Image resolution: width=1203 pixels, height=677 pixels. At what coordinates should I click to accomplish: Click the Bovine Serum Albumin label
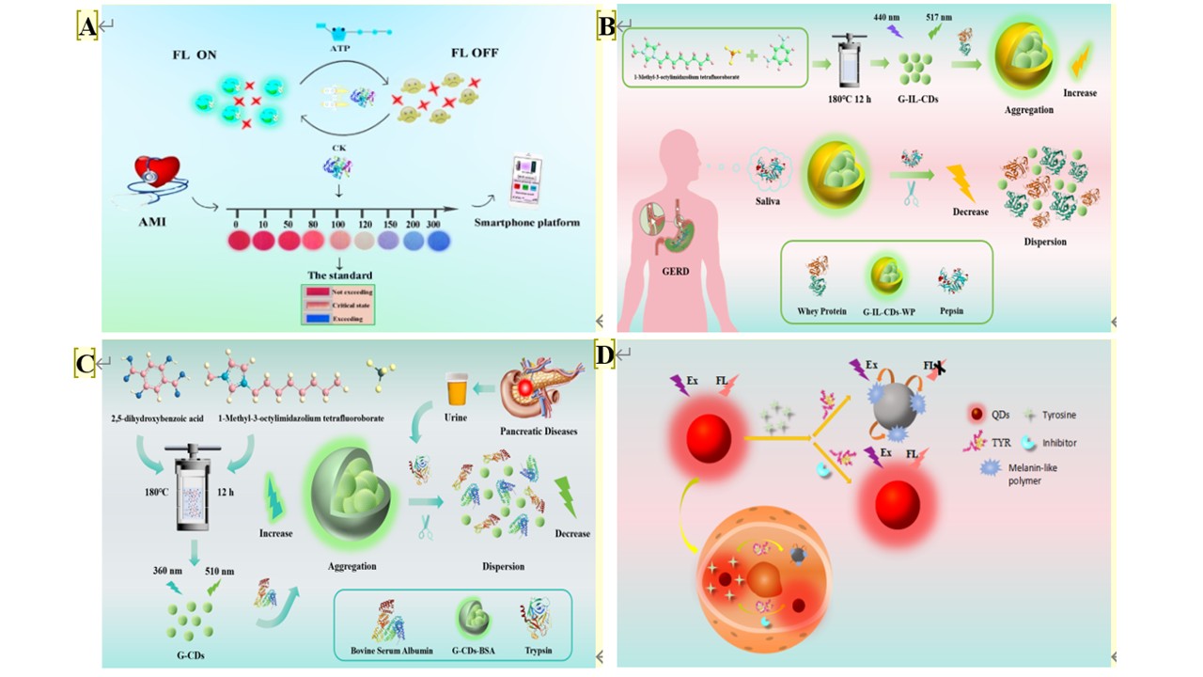click(385, 652)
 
